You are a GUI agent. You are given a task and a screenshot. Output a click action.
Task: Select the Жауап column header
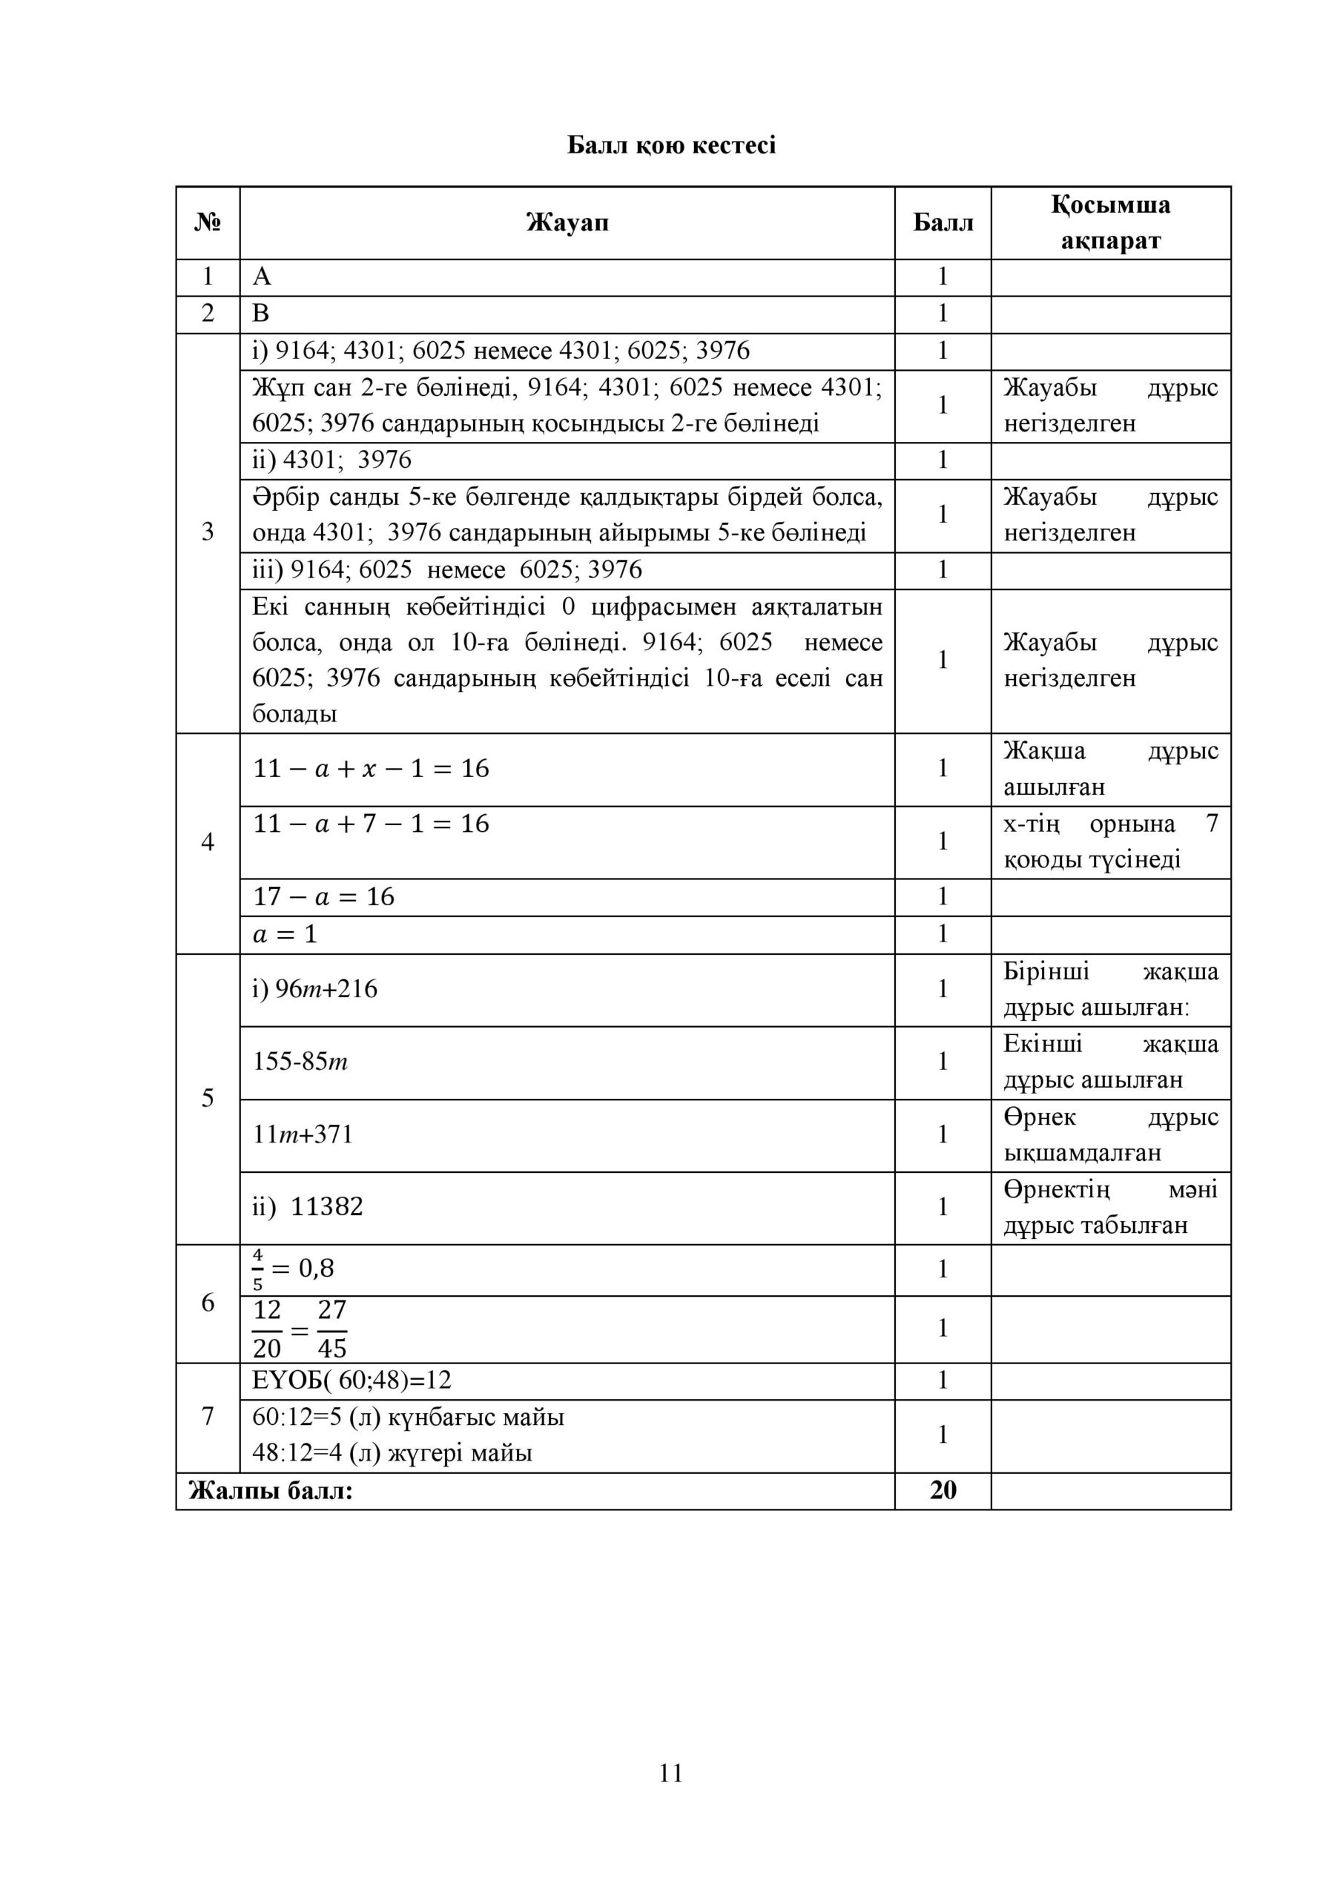(x=567, y=222)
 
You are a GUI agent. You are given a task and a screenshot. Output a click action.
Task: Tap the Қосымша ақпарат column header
(x=1110, y=222)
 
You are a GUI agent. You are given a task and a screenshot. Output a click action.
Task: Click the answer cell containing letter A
(x=263, y=277)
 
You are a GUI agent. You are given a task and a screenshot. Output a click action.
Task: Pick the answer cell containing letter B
(x=261, y=314)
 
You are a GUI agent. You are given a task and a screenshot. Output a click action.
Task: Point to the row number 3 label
(x=208, y=532)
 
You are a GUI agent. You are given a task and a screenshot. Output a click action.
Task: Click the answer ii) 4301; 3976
(x=331, y=460)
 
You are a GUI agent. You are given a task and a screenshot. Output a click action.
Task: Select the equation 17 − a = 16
(x=324, y=897)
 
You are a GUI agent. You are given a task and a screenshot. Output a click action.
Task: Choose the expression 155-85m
(x=300, y=1062)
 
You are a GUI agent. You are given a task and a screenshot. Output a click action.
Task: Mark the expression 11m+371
(x=303, y=1135)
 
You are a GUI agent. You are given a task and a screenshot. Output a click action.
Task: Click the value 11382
(x=326, y=1208)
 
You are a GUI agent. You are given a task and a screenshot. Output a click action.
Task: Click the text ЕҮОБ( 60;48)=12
(x=352, y=1380)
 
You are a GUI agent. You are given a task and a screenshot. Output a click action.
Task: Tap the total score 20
(x=942, y=1490)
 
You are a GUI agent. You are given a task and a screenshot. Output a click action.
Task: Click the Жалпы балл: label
(x=271, y=1490)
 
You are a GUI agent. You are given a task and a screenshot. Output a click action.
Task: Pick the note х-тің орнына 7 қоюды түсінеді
(x=1110, y=841)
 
